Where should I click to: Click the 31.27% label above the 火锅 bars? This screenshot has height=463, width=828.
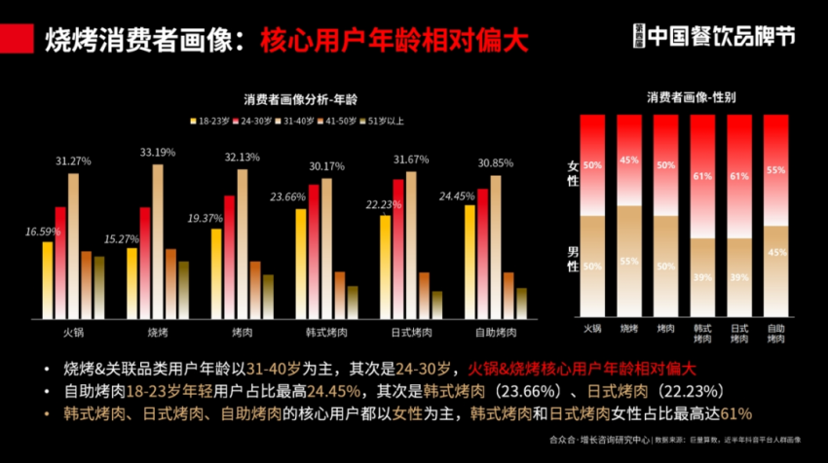73,161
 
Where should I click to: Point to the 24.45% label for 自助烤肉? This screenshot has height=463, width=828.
457,196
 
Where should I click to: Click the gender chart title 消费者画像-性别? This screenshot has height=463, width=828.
691,97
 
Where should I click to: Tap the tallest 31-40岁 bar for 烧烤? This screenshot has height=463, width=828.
158,239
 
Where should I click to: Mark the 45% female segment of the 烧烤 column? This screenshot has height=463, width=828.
629,160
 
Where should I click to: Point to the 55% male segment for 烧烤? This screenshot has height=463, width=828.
629,260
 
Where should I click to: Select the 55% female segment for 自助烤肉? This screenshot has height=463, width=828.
776,170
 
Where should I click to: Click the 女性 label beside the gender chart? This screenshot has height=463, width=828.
573,173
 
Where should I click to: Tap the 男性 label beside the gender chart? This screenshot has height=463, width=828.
573,260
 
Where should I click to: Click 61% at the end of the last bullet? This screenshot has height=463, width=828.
735,413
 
